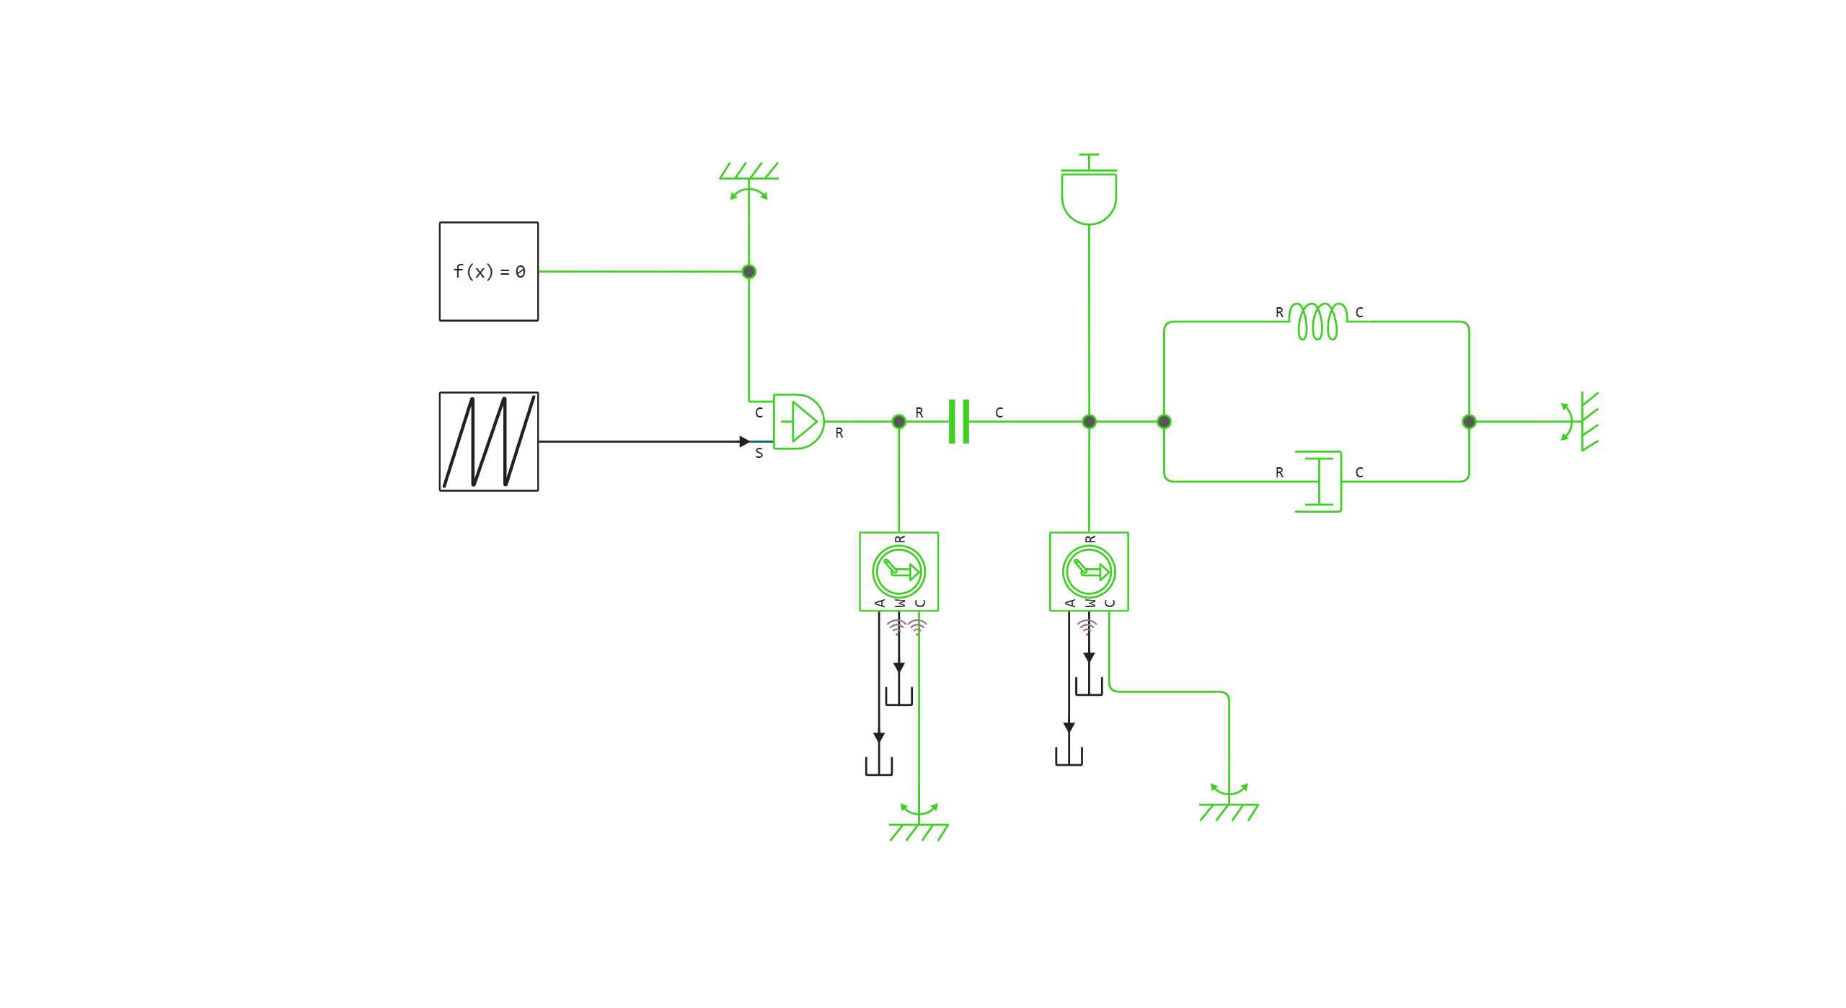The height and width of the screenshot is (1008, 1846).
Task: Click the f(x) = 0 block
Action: pyautogui.click(x=488, y=271)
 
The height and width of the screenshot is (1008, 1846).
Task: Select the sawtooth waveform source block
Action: pyautogui.click(x=488, y=441)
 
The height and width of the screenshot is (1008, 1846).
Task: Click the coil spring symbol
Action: pyautogui.click(x=1317, y=322)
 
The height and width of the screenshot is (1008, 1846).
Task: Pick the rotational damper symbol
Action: pyautogui.click(x=1320, y=481)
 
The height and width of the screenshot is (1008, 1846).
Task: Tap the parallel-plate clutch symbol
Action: pyautogui.click(x=958, y=422)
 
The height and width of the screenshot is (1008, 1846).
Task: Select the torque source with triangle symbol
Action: pyautogui.click(x=798, y=422)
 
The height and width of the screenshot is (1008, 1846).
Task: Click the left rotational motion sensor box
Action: pyautogui.click(x=898, y=572)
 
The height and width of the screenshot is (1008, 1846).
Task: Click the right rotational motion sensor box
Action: pyautogui.click(x=1088, y=572)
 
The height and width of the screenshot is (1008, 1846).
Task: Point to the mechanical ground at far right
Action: pyautogui.click(x=1586, y=422)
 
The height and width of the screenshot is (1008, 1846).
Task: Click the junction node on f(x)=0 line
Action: pyautogui.click(x=749, y=272)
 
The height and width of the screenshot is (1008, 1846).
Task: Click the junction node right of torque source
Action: pyautogui.click(x=898, y=422)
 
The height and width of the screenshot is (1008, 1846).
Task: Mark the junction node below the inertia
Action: pyautogui.click(x=1089, y=422)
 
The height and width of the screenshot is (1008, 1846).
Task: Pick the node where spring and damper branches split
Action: pyautogui.click(x=1164, y=422)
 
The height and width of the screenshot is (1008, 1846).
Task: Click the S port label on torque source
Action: pyautogui.click(x=759, y=453)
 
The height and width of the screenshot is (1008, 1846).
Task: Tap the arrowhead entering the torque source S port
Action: pyautogui.click(x=744, y=441)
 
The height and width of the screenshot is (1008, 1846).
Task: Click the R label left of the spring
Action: pyautogui.click(x=1279, y=312)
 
